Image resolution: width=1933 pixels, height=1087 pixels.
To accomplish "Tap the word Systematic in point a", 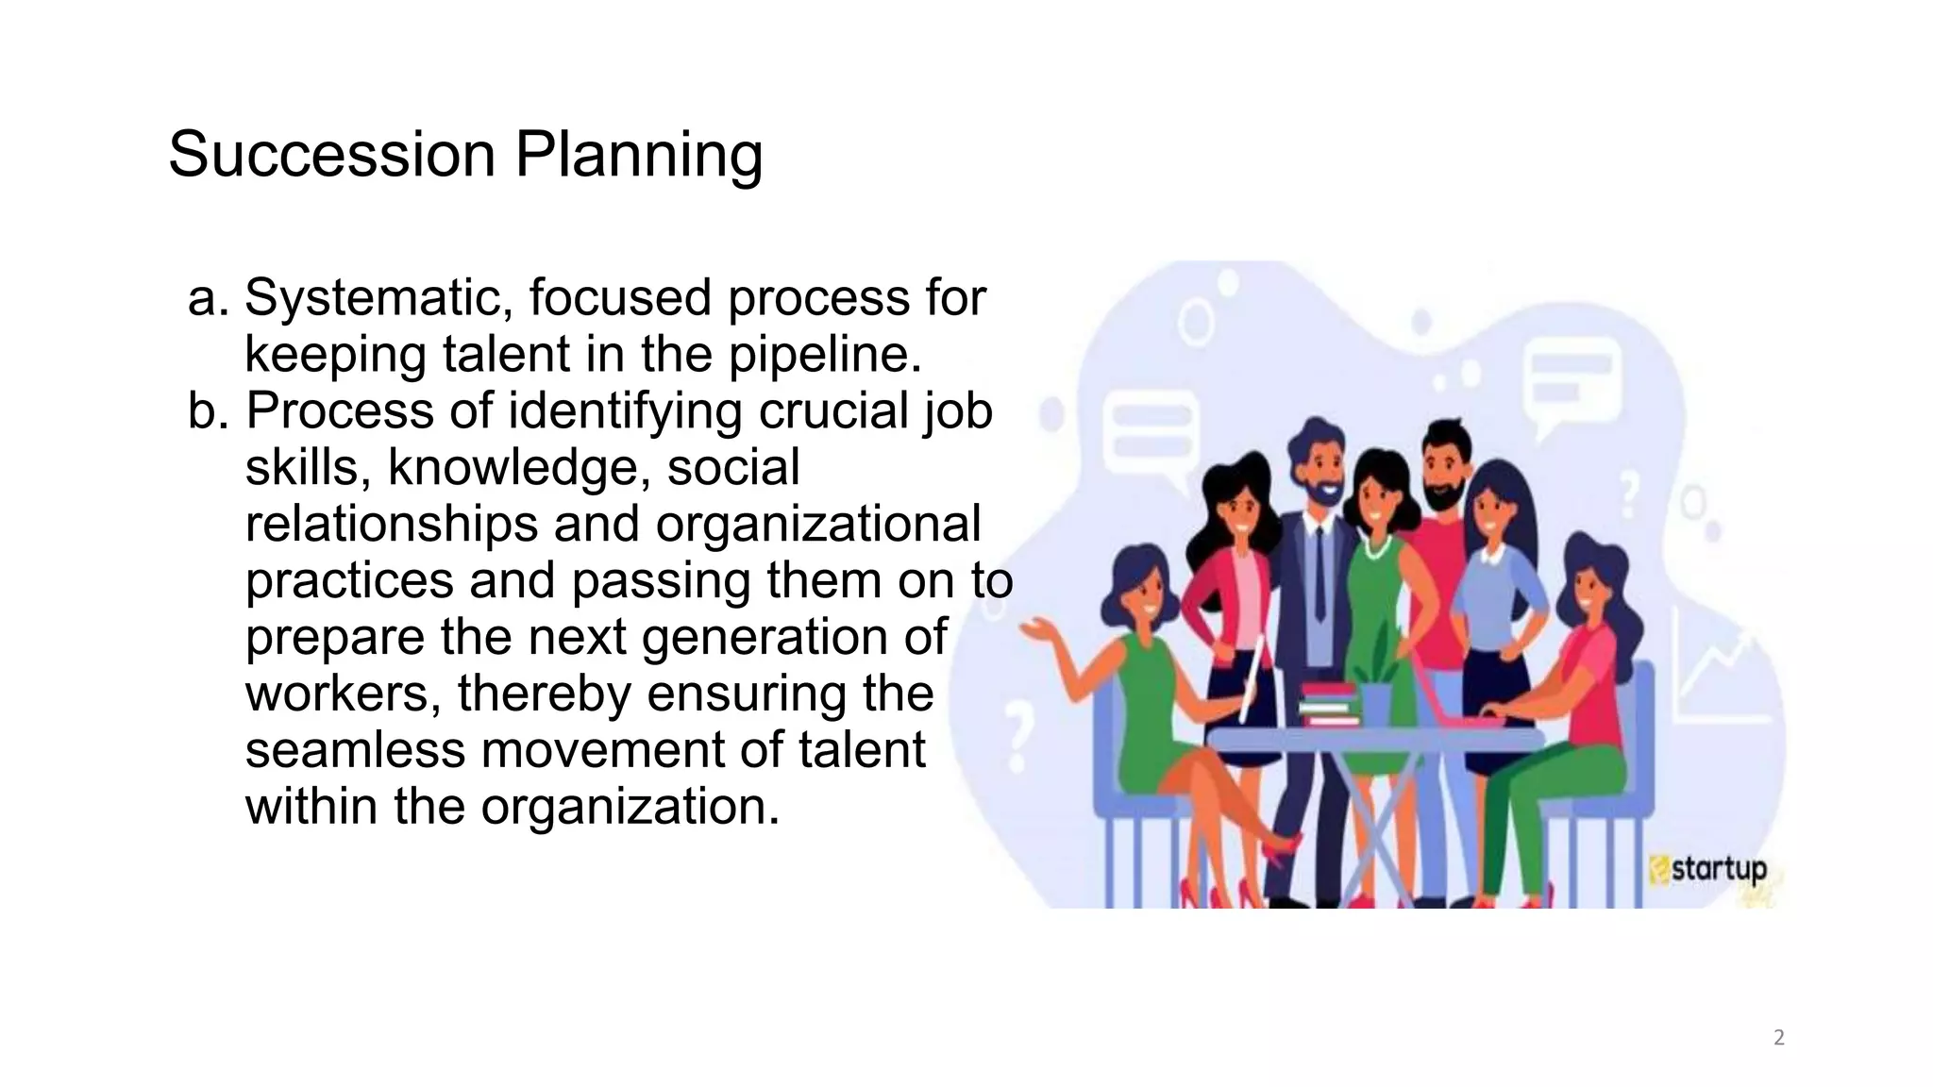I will click(378, 298).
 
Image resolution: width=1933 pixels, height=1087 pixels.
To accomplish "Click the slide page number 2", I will click(1779, 1038).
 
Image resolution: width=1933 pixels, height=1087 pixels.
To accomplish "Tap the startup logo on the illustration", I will click(1709, 869).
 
